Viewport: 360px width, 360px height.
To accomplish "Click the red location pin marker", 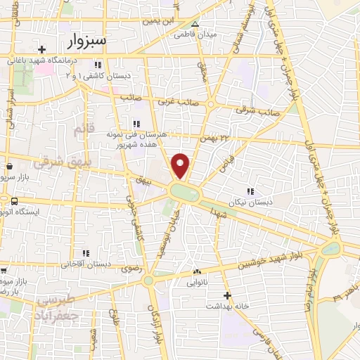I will coord(181,166).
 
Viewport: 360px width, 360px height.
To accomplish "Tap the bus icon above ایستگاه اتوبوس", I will coord(14,202).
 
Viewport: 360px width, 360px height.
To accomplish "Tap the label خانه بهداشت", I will coord(226,307).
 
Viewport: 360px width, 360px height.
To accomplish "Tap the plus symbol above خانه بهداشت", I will coord(226,296).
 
